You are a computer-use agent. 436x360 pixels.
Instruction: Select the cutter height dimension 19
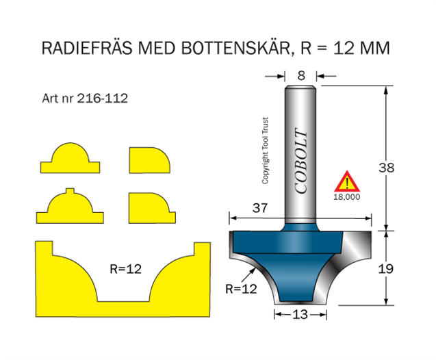[386, 268]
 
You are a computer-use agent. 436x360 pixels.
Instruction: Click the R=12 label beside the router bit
[241, 289]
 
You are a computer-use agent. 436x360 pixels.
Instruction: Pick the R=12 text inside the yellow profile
[125, 269]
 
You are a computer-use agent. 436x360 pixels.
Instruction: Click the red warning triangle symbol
[347, 183]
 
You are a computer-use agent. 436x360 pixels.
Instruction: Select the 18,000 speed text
[347, 196]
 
